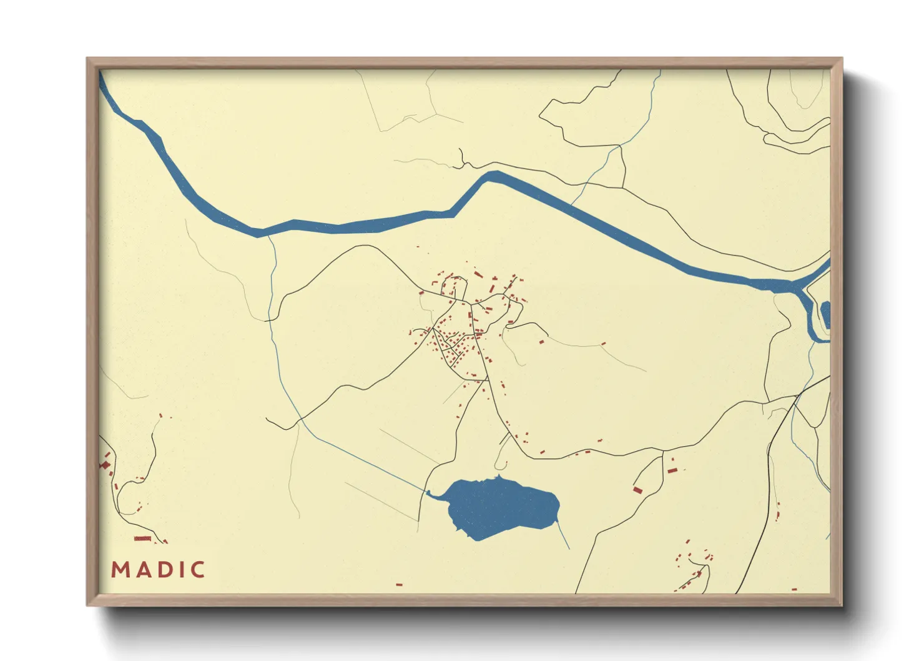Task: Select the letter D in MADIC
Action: pyautogui.click(x=160, y=570)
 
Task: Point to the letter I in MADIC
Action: pyautogui.click(x=177, y=570)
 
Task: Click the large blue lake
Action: pyautogui.click(x=499, y=506)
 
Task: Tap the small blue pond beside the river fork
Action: pyautogui.click(x=826, y=314)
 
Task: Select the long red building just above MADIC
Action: pyautogui.click(x=143, y=539)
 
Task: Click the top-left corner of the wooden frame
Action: pyautogui.click(x=87, y=59)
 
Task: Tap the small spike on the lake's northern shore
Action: pyautogui.click(x=498, y=477)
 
